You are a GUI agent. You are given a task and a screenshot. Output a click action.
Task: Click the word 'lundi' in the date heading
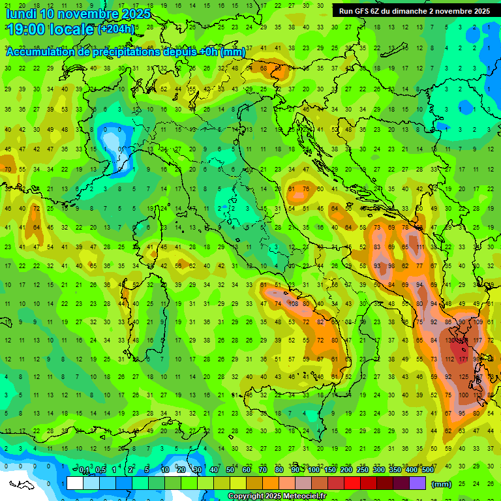(20, 14)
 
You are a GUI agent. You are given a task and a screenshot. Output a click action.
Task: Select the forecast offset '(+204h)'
(116, 29)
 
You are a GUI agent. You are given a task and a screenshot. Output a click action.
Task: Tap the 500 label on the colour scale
(427, 470)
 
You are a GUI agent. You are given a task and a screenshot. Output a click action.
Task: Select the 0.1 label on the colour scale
(85, 470)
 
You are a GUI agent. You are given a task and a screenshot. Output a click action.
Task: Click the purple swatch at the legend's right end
(417, 483)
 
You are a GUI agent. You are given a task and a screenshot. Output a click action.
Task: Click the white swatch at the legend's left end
(75, 483)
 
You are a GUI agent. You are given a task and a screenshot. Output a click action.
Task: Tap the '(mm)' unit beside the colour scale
(442, 483)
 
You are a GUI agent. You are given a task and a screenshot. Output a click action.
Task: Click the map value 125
(464, 377)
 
